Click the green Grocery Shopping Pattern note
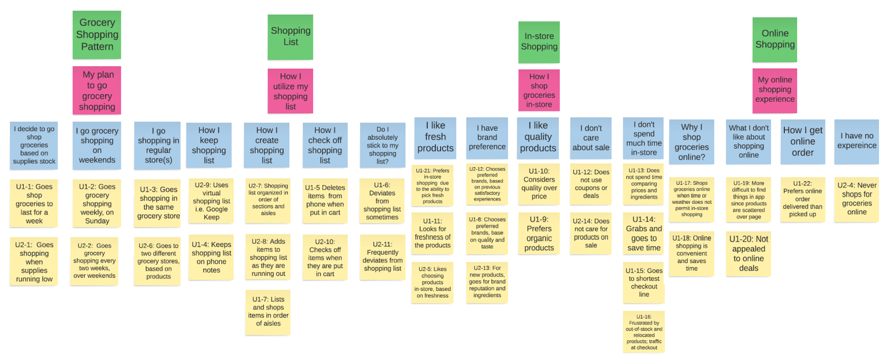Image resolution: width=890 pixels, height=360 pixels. [97, 34]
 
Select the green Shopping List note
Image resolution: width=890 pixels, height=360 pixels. [290, 37]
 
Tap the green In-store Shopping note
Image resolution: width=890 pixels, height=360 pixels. [539, 42]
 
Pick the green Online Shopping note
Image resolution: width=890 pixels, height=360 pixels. [774, 39]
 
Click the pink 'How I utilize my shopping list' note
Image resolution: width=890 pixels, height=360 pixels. [290, 91]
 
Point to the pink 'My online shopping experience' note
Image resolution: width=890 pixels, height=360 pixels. [774, 90]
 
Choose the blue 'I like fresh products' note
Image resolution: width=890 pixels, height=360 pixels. [435, 138]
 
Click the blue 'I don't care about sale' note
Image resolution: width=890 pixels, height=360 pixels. [590, 138]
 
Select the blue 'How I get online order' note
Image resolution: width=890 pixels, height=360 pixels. [802, 142]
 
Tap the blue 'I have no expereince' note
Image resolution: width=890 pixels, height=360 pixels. [856, 141]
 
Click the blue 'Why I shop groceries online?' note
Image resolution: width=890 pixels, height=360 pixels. [691, 142]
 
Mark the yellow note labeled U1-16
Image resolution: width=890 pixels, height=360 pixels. [643, 332]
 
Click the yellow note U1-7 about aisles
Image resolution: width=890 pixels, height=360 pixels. [268, 312]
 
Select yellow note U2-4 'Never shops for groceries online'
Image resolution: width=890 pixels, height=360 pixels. [856, 199]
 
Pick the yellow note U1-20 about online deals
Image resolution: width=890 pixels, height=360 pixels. [748, 253]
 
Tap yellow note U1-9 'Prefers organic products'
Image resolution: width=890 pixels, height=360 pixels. [539, 233]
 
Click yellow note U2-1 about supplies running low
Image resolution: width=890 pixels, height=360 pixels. [34, 261]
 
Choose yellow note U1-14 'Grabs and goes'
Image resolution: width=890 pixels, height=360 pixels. [643, 233]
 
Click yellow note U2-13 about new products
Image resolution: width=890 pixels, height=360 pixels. [487, 282]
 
